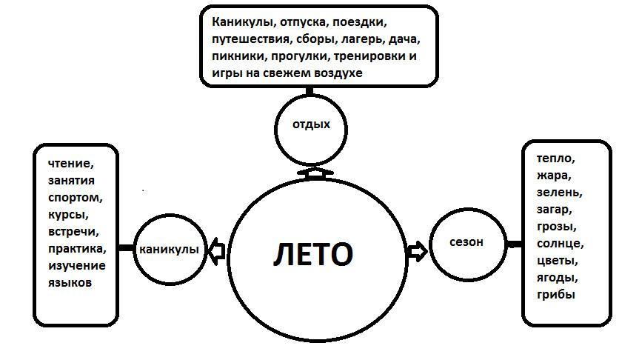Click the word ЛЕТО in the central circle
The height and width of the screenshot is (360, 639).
(x=313, y=254)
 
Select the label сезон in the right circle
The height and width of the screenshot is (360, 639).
(x=466, y=241)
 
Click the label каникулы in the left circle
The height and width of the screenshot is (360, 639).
(x=168, y=250)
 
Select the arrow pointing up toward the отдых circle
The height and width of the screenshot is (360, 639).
(x=315, y=173)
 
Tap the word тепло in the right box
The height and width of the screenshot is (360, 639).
(x=556, y=159)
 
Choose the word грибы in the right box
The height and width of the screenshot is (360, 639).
(x=557, y=294)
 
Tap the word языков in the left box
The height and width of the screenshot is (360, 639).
(x=70, y=282)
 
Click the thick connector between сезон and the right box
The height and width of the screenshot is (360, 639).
(x=514, y=244)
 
